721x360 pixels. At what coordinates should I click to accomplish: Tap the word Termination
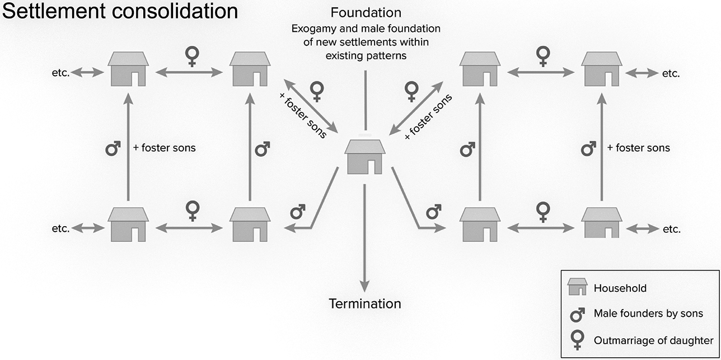coord(364,304)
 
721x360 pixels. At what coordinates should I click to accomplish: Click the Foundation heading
coord(366,12)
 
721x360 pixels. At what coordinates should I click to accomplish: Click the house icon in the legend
coord(577,287)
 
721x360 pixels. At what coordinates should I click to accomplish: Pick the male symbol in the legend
coord(577,314)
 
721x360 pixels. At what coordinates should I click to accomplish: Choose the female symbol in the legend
coord(577,339)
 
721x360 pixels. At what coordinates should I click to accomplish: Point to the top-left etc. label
coord(60,73)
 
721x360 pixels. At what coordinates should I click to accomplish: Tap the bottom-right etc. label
coord(671,229)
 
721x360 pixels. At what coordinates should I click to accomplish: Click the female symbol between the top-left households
coord(192,56)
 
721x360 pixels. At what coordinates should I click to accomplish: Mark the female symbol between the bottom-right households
coord(542,212)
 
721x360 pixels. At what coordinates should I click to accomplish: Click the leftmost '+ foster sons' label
coord(164,148)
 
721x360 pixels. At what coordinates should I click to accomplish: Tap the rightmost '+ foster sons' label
coord(638,148)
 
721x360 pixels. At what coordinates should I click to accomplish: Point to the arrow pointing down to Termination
coord(364,235)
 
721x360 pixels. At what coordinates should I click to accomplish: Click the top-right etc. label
coord(671,73)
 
